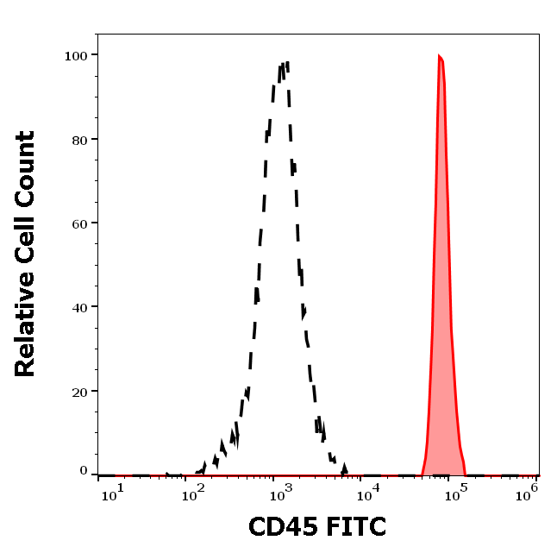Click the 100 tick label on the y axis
coord(76,55)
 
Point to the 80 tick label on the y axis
coord(79,139)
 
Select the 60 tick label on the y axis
coord(79,223)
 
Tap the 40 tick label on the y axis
coord(79,306)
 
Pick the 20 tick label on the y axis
coord(79,391)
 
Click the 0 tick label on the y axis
coord(84,471)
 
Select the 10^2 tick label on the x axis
coord(196,491)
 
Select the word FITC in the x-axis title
coord(355,525)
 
